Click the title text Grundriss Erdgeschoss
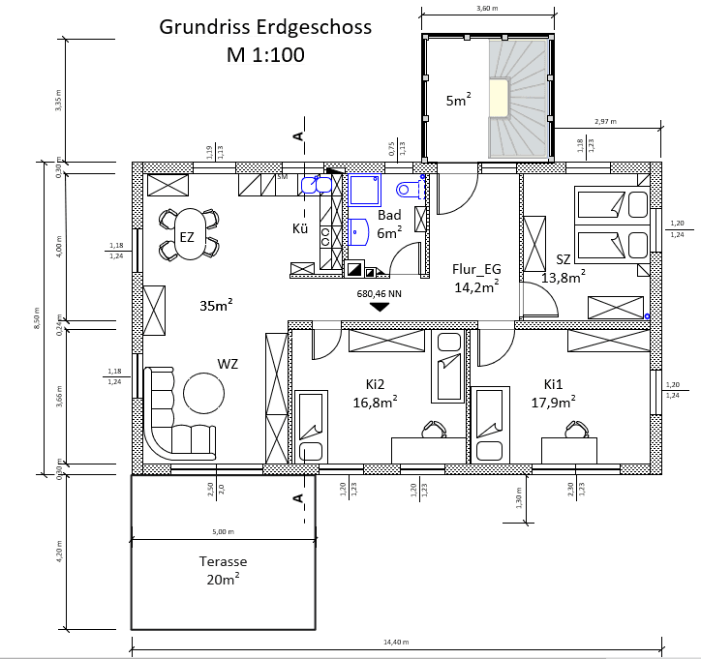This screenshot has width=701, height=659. [x=265, y=27]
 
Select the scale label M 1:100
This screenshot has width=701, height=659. [x=264, y=55]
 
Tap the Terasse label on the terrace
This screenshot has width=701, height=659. [x=223, y=561]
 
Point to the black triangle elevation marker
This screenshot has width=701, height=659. [x=380, y=307]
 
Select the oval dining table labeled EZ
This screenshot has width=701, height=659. [x=188, y=235]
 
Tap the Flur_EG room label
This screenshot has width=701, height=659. [x=476, y=270]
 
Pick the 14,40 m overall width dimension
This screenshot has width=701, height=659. [x=397, y=642]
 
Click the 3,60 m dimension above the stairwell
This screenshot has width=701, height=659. [x=488, y=8]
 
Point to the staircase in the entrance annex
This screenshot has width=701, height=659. [x=520, y=98]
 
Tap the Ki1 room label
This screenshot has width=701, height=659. [x=554, y=382]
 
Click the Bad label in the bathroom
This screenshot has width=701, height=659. [x=389, y=216]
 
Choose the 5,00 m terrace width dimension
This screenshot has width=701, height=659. [x=223, y=531]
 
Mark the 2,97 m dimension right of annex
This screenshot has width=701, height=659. [x=607, y=122]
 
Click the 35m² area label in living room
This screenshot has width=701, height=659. [x=214, y=306]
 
